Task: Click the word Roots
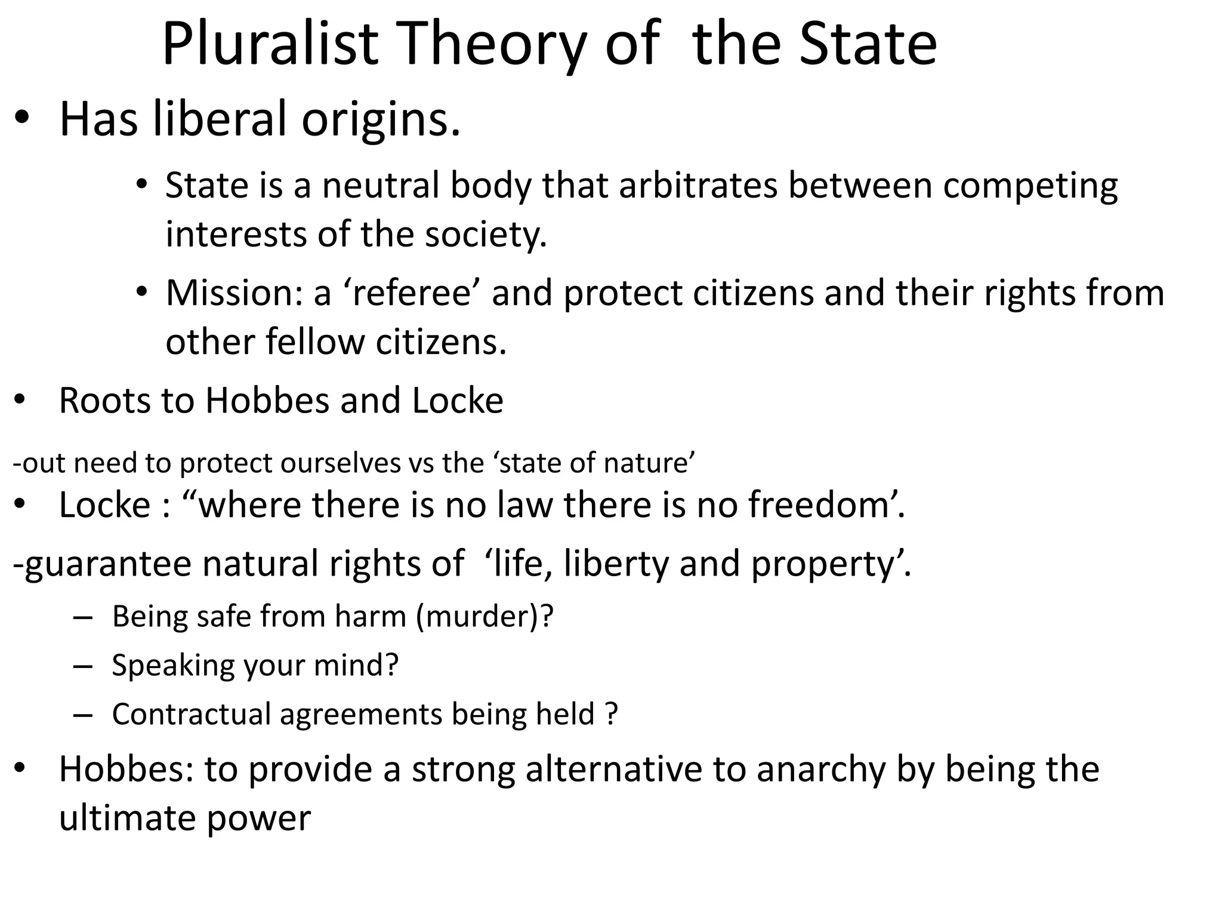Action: coord(105,400)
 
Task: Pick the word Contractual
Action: coord(191,714)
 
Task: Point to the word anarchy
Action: coord(821,770)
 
